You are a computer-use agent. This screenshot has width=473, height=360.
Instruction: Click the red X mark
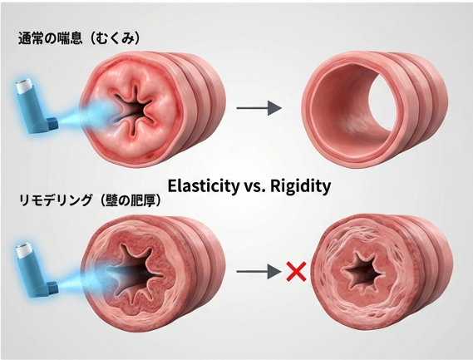tap(297, 272)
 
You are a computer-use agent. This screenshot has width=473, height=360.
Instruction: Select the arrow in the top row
tap(259, 108)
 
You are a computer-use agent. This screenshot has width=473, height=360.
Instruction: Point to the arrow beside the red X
tap(259, 272)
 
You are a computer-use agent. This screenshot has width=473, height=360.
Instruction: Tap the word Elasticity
tap(203, 186)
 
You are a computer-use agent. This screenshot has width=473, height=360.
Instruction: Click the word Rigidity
tap(300, 186)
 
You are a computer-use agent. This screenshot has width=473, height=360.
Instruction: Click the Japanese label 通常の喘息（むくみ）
tap(79, 39)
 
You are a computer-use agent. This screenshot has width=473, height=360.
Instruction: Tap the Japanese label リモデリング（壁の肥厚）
tap(90, 200)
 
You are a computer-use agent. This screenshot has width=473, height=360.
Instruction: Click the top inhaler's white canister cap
tap(25, 86)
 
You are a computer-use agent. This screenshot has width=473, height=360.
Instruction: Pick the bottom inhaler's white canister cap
tap(25, 251)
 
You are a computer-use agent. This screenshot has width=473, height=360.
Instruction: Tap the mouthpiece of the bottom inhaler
tap(52, 288)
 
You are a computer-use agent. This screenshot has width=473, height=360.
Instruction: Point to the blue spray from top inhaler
tap(87, 115)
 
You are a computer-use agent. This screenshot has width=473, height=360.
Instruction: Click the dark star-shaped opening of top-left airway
tap(135, 110)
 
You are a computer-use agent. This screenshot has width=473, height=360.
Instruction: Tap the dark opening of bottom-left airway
tap(136, 273)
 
